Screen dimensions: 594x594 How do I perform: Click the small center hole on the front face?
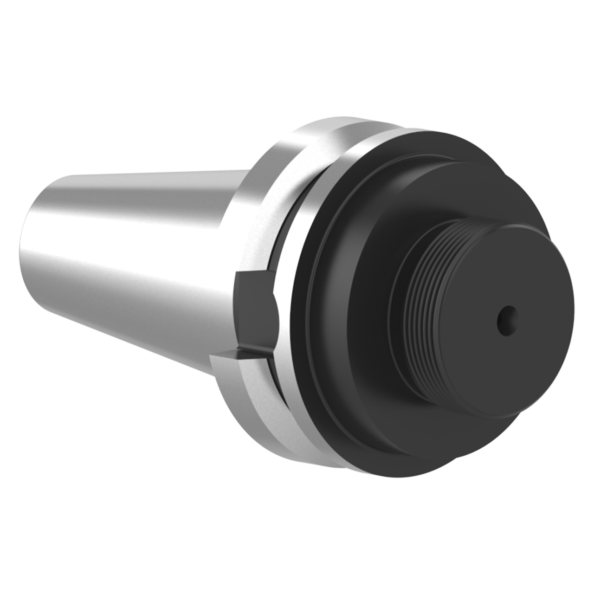click(506, 320)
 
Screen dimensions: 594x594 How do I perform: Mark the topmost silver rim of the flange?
click(334, 120)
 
